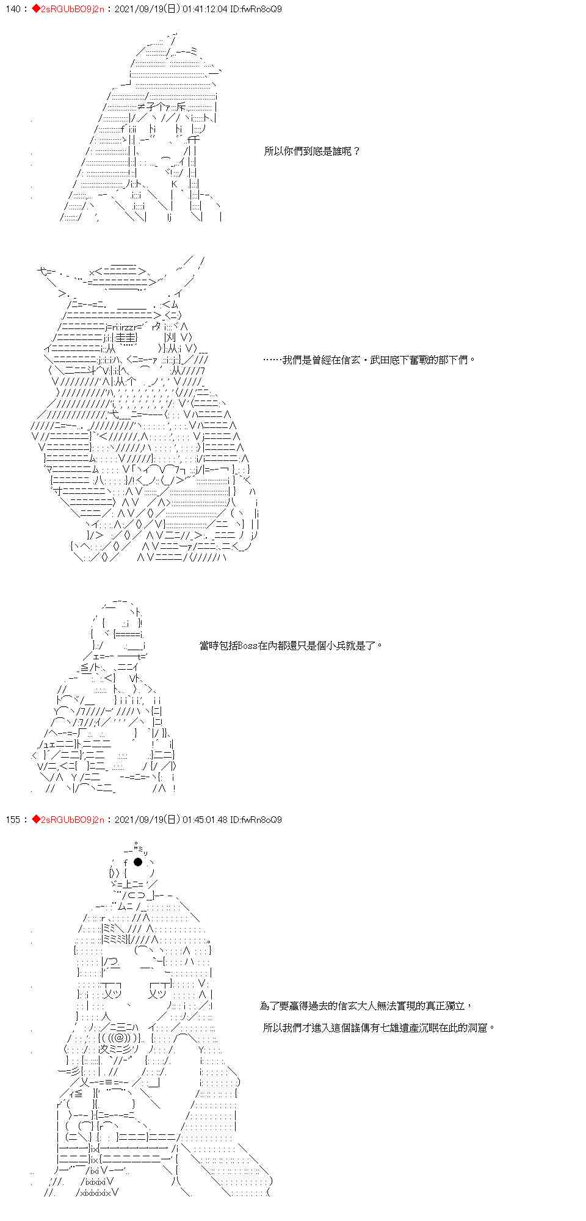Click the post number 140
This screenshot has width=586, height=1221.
(x=12, y=9)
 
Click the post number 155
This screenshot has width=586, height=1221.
(x=12, y=820)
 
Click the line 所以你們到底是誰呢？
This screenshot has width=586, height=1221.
(x=312, y=151)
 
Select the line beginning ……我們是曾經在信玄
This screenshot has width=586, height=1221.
(x=369, y=360)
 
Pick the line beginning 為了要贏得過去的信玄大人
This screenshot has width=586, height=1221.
(x=365, y=1005)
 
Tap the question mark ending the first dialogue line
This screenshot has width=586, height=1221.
(x=357, y=151)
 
